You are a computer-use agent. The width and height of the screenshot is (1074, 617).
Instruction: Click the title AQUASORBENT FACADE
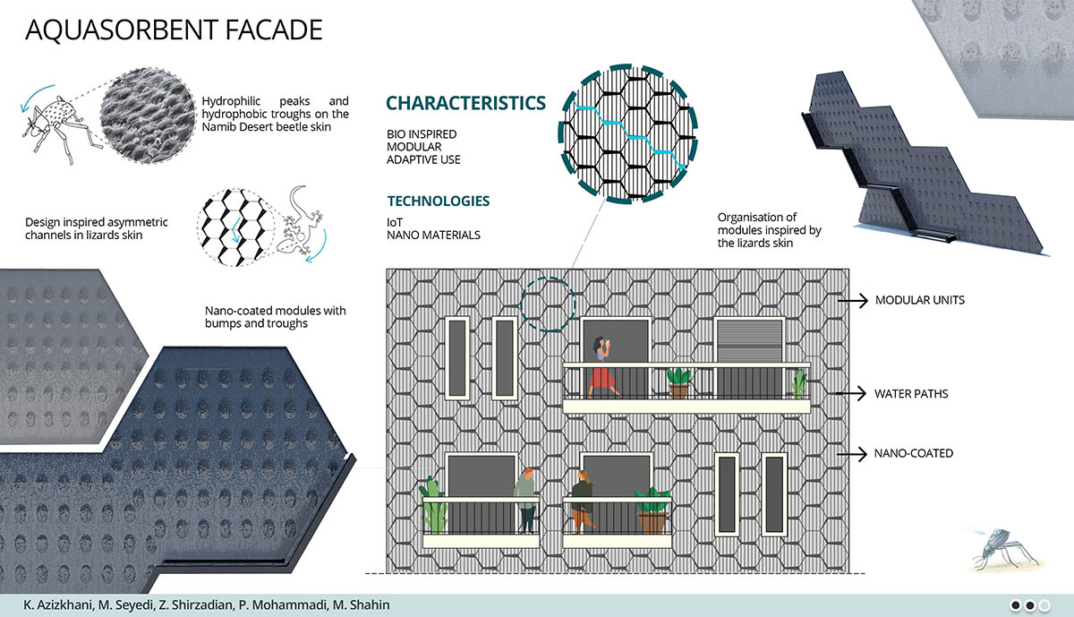coord(174,30)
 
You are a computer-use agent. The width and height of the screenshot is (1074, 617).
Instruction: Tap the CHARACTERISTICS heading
coord(465,103)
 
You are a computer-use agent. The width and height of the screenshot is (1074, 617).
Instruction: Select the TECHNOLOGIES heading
coord(439,201)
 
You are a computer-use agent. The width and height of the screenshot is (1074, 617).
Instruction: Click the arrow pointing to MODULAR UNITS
coord(853,300)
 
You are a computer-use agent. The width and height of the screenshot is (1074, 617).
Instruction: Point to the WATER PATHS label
coord(911,394)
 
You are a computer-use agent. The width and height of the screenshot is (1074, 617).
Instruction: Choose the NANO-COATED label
coord(914,453)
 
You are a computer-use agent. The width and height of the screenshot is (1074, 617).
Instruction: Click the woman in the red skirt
coord(602,367)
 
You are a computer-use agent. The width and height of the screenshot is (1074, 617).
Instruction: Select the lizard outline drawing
coord(301,224)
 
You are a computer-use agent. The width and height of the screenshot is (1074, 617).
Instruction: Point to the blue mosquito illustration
coord(1002,548)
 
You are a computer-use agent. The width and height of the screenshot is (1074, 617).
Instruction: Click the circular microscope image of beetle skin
coord(149,116)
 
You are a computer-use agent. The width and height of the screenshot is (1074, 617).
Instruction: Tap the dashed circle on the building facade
coord(548,304)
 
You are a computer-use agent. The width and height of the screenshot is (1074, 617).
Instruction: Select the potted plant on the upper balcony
coord(678,383)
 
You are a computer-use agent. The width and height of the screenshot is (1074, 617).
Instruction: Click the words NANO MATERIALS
coord(433,236)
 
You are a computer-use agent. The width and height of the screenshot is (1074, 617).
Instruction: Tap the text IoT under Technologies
coord(395,223)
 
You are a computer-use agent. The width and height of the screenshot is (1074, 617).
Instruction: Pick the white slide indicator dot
coord(1044,605)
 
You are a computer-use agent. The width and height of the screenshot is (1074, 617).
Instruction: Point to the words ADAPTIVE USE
coord(423,159)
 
